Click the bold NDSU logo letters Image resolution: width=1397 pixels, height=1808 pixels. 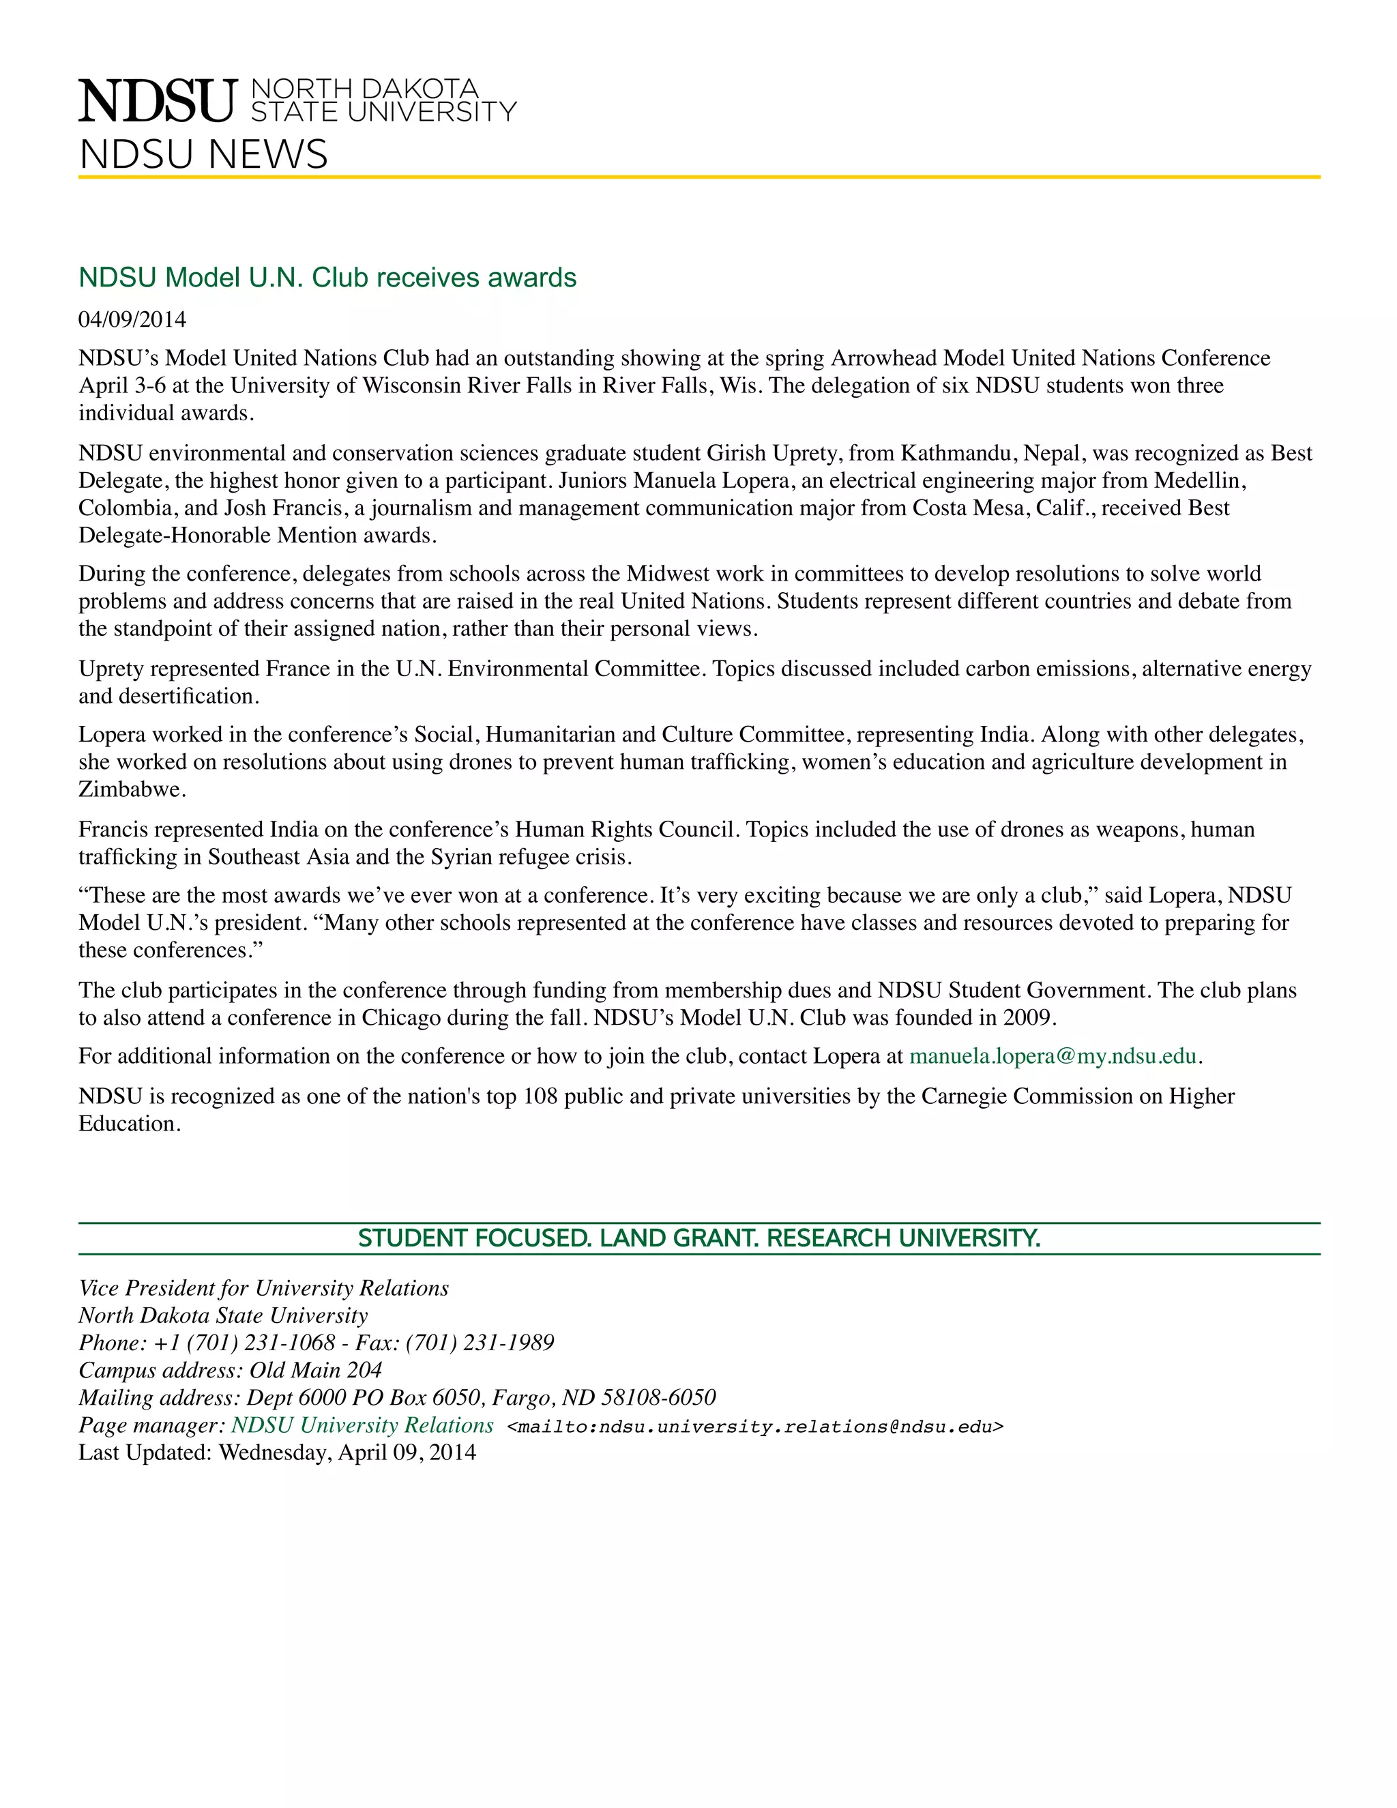point(158,101)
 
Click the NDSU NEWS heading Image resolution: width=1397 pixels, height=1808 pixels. point(203,155)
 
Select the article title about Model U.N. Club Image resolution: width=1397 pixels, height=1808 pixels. point(327,277)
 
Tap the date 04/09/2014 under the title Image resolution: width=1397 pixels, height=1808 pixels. point(132,319)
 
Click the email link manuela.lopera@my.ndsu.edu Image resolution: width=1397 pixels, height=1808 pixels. point(1053,1056)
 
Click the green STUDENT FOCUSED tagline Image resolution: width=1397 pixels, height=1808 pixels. point(698,1238)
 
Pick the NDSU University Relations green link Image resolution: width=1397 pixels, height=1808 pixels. point(362,1425)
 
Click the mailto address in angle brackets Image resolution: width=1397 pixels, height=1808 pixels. point(755,1427)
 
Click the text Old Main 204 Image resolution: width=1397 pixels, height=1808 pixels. point(315,1370)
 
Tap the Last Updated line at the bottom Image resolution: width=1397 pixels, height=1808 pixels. point(277,1453)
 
